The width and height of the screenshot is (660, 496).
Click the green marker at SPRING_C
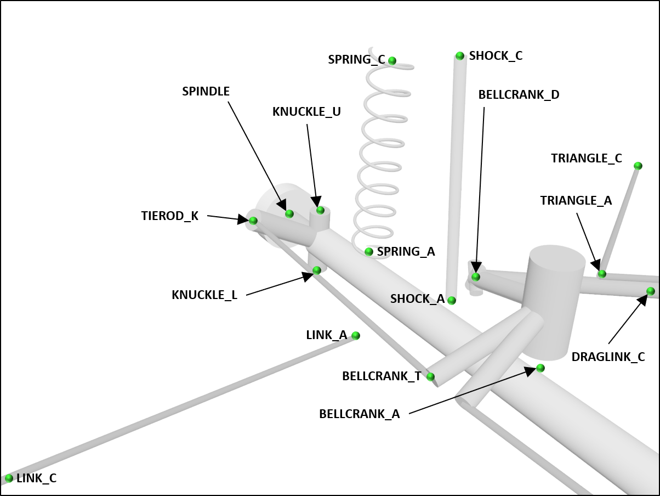pyautogui.click(x=392, y=60)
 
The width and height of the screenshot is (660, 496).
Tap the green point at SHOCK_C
pyautogui.click(x=460, y=56)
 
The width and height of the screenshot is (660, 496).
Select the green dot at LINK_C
pyautogui.click(x=9, y=478)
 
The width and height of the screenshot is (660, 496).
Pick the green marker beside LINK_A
pyautogui.click(x=356, y=335)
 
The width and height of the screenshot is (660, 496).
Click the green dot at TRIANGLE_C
pyautogui.click(x=638, y=166)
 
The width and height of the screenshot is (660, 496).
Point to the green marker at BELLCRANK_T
pyautogui.click(x=430, y=376)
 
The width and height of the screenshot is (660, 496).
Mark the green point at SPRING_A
pyautogui.click(x=369, y=252)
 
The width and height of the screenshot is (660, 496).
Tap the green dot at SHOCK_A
pyautogui.click(x=452, y=300)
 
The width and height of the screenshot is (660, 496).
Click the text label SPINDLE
pyautogui.click(x=206, y=92)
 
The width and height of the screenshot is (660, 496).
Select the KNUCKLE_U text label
pyautogui.click(x=306, y=112)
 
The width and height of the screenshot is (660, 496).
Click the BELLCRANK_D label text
pyautogui.click(x=519, y=94)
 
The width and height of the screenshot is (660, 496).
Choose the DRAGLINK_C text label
pyautogui.click(x=608, y=357)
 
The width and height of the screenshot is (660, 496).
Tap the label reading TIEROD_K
pyautogui.click(x=169, y=216)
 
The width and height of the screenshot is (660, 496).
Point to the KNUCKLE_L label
pyautogui.click(x=204, y=295)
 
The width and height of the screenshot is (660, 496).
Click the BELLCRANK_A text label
pyautogui.click(x=359, y=414)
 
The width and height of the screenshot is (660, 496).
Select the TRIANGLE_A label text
pyautogui.click(x=576, y=201)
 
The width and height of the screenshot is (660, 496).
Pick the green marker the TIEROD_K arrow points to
pyautogui.click(x=253, y=221)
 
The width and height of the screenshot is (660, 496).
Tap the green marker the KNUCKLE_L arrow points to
pyautogui.click(x=317, y=270)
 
